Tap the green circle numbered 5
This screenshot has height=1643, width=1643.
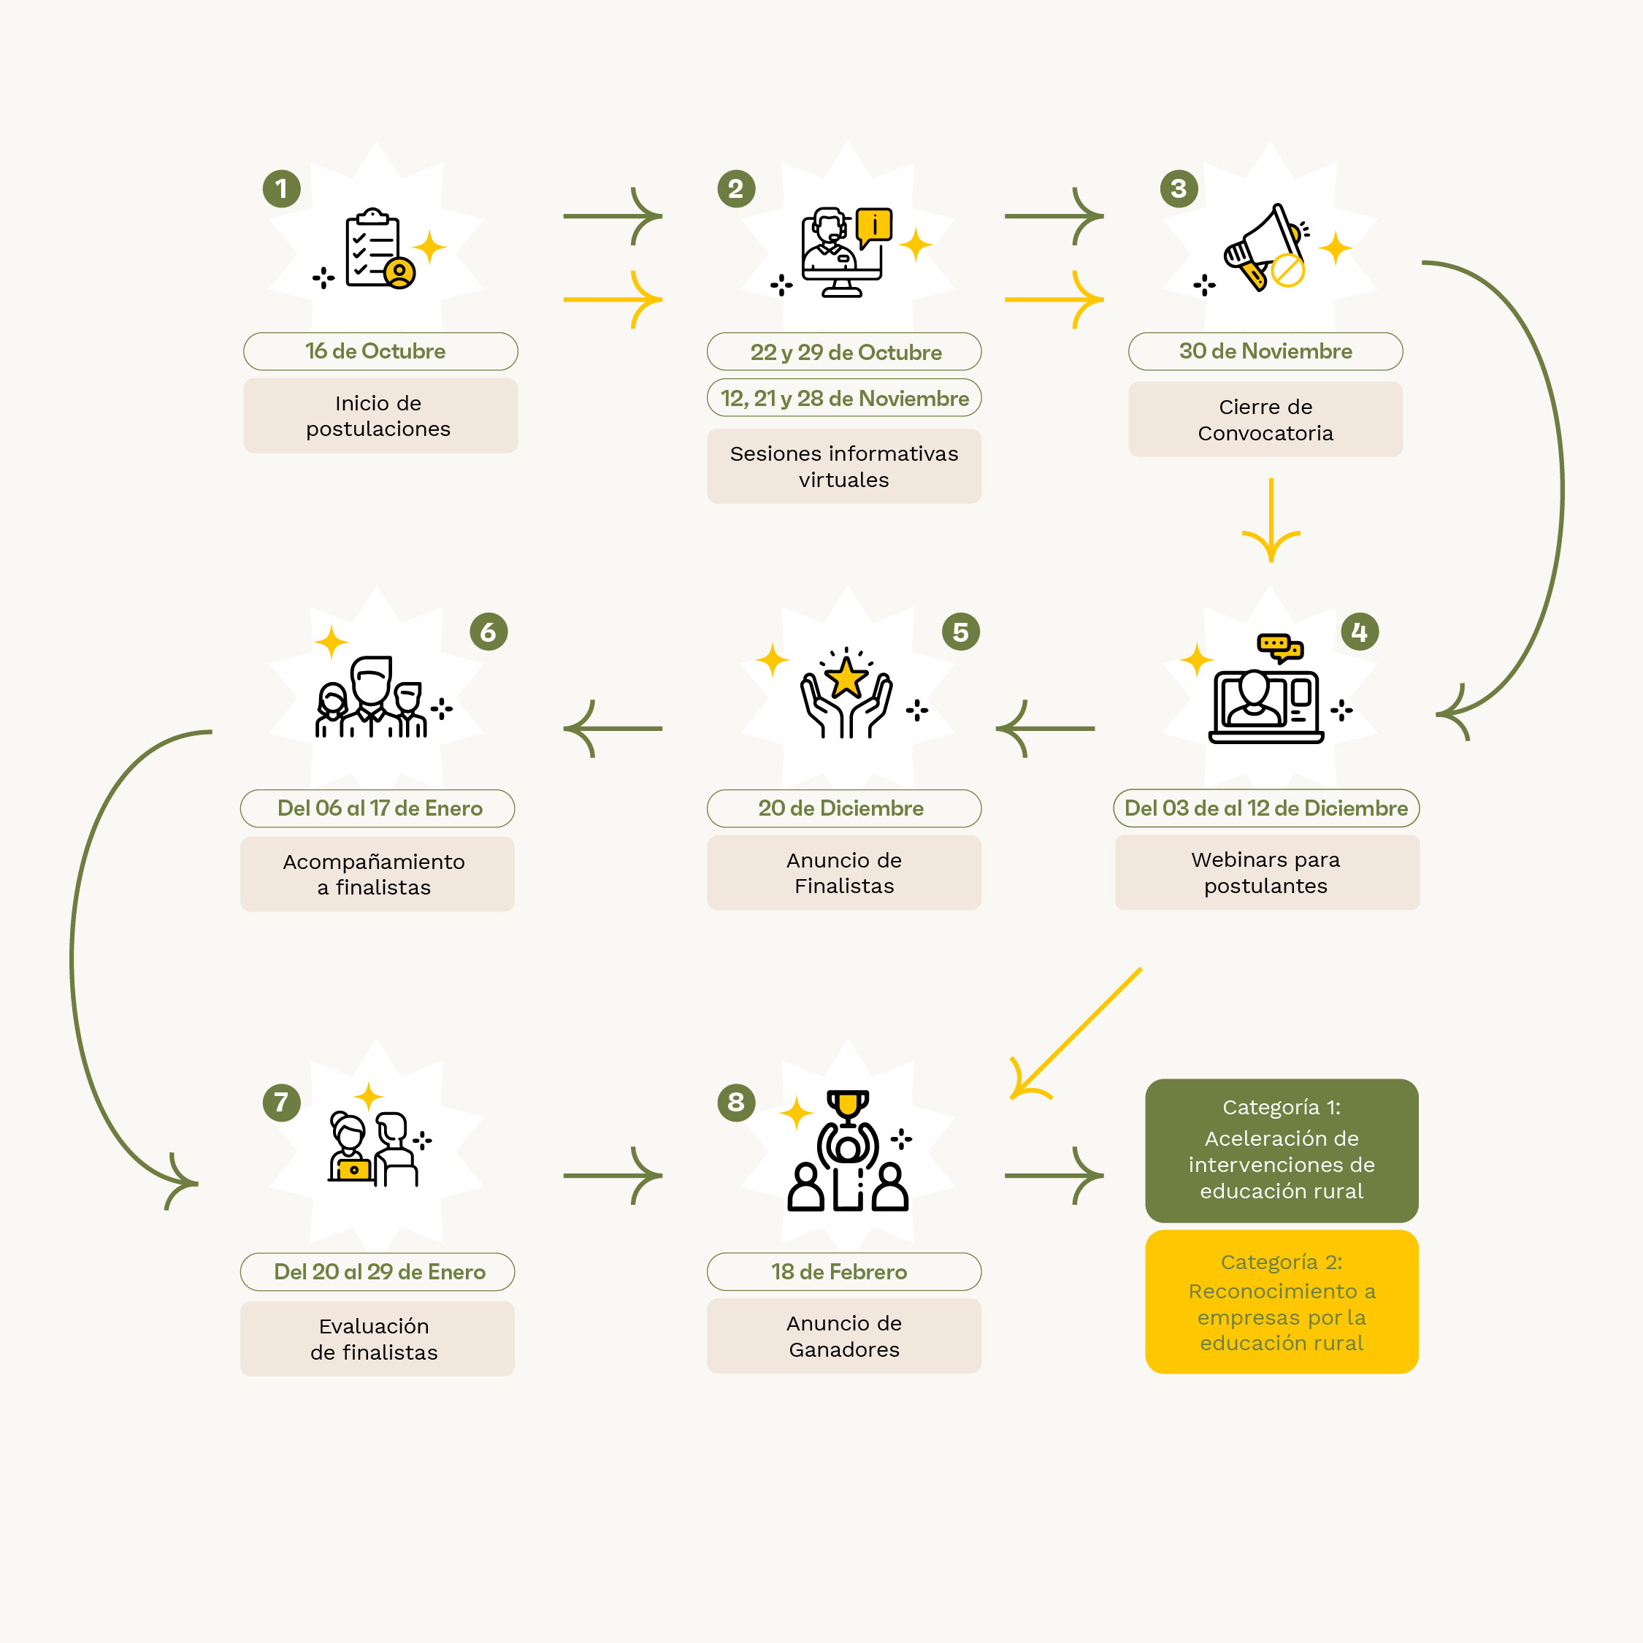pos(961,632)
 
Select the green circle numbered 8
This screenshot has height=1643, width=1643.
pos(737,1102)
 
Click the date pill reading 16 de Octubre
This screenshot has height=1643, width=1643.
pos(380,351)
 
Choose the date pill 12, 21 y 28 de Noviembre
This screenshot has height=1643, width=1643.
pos(844,398)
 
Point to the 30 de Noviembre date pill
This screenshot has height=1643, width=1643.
pos(1265,351)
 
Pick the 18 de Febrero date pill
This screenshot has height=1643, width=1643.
pos(844,1271)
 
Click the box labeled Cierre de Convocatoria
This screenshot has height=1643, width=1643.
pos(1265,419)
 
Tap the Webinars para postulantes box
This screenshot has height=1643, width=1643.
pos(1267,873)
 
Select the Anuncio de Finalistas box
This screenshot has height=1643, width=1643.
pos(844,873)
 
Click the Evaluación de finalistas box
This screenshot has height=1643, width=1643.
pos(378,1338)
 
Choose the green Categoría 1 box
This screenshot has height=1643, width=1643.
pos(1282,1151)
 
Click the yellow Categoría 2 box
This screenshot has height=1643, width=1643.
pos(1282,1302)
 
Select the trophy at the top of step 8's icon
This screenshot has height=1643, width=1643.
pos(848,1107)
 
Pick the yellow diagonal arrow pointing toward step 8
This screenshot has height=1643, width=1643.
pos(1076,1034)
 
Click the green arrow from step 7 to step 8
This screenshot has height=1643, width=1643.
pos(613,1176)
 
